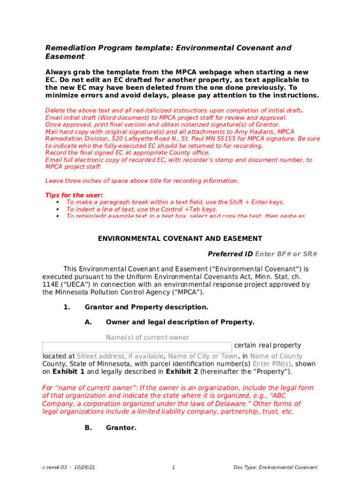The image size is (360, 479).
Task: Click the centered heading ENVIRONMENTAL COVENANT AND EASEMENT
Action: click(x=180, y=239)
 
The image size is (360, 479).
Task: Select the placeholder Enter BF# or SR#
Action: click(x=286, y=254)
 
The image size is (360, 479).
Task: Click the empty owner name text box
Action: click(x=137, y=347)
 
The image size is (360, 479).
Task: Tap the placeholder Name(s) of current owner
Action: click(x=147, y=337)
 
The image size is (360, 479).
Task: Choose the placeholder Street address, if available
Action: click(x=120, y=356)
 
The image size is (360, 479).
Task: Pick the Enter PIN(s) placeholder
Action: click(x=272, y=364)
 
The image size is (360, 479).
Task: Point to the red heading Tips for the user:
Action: click(x=74, y=195)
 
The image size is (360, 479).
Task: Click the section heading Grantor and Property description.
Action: click(x=146, y=307)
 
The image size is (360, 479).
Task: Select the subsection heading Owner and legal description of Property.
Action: click(x=180, y=322)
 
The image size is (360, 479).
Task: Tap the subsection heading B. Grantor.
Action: click(x=121, y=427)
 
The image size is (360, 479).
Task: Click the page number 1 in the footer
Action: click(x=173, y=467)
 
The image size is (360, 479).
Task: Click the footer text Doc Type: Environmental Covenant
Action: click(x=275, y=467)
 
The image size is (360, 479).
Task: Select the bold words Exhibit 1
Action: click(x=68, y=372)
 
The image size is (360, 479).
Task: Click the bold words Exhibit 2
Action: click(x=182, y=372)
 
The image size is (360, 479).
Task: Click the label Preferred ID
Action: click(x=230, y=254)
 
